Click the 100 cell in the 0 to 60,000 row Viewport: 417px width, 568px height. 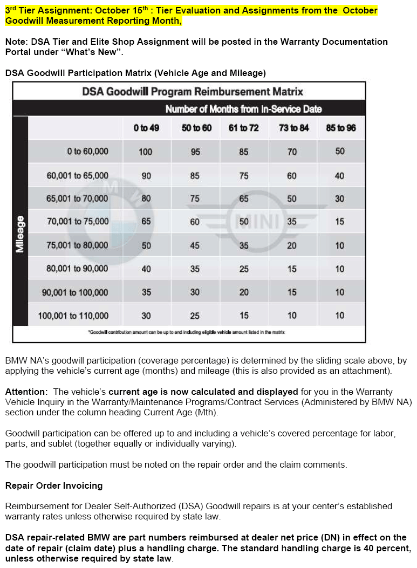click(x=146, y=152)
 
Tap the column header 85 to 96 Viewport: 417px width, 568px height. click(x=340, y=128)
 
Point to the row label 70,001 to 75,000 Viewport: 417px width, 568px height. click(x=78, y=221)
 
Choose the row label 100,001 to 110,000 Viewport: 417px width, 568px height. click(x=73, y=316)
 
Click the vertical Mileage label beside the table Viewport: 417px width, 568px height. click(x=20, y=234)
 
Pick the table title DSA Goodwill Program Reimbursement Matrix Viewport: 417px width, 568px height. click(x=193, y=92)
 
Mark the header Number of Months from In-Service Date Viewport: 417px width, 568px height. click(x=243, y=109)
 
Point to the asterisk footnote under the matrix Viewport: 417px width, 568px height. click(x=186, y=332)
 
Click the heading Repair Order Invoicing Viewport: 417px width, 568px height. click(x=54, y=485)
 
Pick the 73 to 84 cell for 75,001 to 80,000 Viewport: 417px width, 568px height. click(x=292, y=245)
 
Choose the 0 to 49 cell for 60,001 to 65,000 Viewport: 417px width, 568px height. click(x=146, y=175)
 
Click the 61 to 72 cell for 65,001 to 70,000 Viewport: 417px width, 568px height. click(x=244, y=199)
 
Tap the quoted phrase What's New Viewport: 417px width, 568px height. click(x=99, y=52)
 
